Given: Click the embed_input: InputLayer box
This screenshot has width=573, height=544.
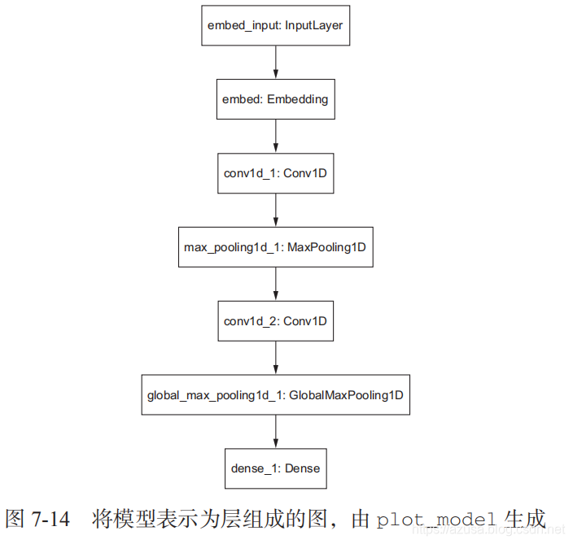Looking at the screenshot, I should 275,25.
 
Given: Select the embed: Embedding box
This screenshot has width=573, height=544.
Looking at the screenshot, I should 275,99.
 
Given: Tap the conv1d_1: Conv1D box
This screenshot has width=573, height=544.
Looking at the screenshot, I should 275,173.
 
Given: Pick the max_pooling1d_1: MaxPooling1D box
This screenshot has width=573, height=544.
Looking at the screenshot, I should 275,247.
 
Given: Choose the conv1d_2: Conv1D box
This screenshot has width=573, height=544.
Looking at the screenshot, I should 275,321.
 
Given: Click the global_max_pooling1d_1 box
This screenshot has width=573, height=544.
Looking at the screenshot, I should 275,395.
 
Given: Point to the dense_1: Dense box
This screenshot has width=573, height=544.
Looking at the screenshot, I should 275,468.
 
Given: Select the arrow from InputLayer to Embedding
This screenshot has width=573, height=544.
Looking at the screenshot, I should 275,63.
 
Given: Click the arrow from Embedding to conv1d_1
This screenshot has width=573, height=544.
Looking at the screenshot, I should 275,137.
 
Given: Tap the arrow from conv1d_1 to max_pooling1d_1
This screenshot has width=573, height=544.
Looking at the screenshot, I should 275,211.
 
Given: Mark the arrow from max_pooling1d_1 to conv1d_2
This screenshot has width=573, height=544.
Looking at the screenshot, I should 275,285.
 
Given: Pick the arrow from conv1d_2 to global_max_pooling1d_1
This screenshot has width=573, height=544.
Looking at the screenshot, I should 275,359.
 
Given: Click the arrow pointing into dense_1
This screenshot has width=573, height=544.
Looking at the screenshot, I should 275,432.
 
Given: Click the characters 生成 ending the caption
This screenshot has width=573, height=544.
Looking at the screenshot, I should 525,519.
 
